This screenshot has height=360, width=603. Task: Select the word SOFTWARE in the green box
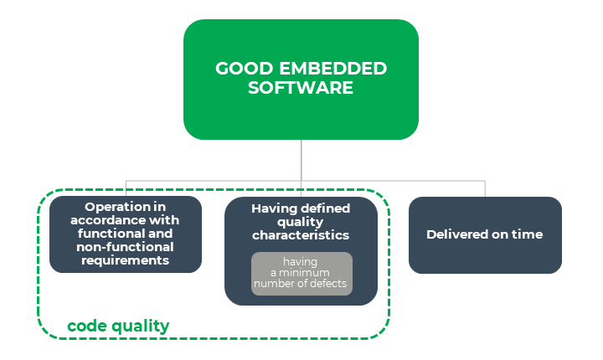(301, 87)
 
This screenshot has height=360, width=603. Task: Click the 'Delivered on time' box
(485, 235)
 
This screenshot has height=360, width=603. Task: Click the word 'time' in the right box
(528, 234)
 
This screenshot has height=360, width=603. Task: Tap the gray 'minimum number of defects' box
(301, 274)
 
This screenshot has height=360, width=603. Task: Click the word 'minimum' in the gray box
(306, 273)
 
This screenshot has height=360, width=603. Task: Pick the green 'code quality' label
(118, 326)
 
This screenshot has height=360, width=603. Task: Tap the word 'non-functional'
(125, 247)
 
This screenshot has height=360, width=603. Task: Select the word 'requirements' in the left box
(126, 260)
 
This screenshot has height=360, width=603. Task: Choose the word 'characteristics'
(301, 235)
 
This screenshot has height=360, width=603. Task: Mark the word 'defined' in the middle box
(324, 208)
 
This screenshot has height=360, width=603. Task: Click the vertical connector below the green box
(301, 159)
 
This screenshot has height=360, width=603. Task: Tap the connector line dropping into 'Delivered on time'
(485, 188)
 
